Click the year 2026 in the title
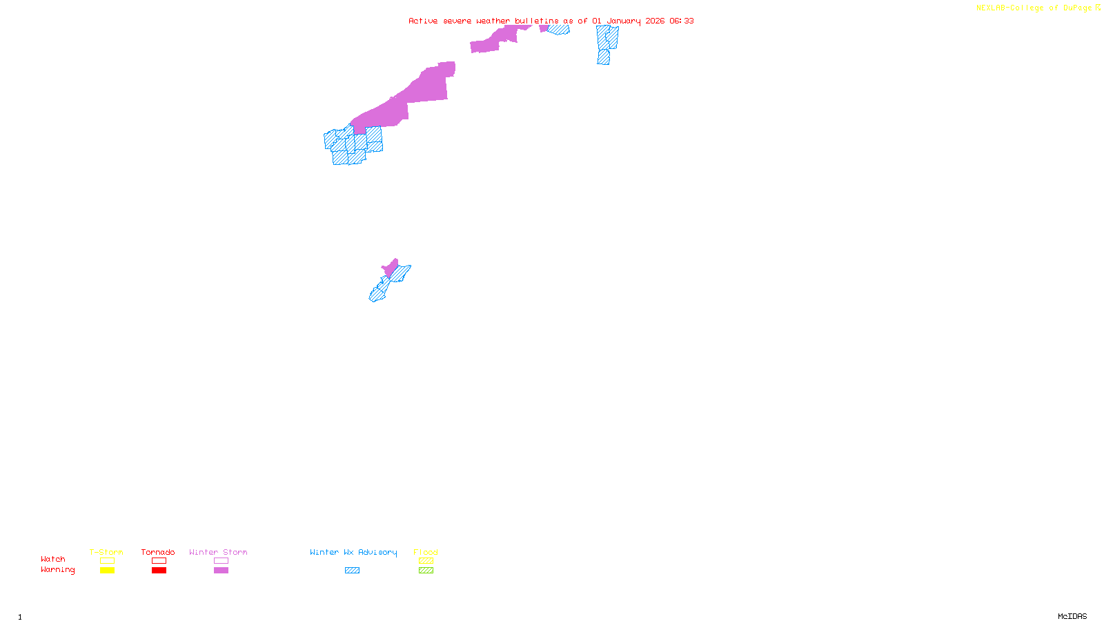655,21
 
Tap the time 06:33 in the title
682,21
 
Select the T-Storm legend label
106,552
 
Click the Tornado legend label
158,552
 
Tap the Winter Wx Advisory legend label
353,552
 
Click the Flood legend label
426,552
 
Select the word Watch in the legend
53,560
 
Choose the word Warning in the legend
57,570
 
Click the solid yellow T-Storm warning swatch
107,571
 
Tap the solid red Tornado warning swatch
159,571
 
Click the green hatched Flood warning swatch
426,571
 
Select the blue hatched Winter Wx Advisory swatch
352,571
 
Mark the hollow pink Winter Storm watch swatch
221,561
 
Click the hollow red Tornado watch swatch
159,561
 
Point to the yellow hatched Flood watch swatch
426,561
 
